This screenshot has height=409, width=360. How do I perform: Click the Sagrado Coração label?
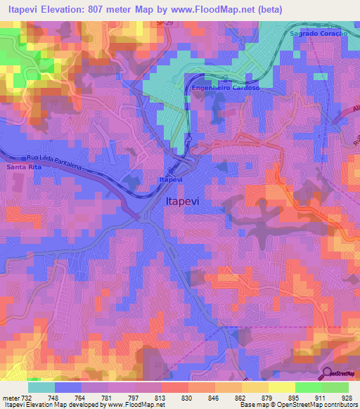[x=319, y=34]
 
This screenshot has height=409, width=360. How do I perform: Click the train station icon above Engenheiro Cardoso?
[x=224, y=79]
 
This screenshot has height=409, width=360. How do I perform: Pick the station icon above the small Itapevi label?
[x=170, y=170]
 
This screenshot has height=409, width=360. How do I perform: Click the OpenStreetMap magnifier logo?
[x=328, y=374]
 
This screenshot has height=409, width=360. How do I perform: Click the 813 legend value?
[x=161, y=397]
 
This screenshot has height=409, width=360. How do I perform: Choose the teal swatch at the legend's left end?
[x=41, y=387]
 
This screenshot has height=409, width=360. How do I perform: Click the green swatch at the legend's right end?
[x=335, y=387]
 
